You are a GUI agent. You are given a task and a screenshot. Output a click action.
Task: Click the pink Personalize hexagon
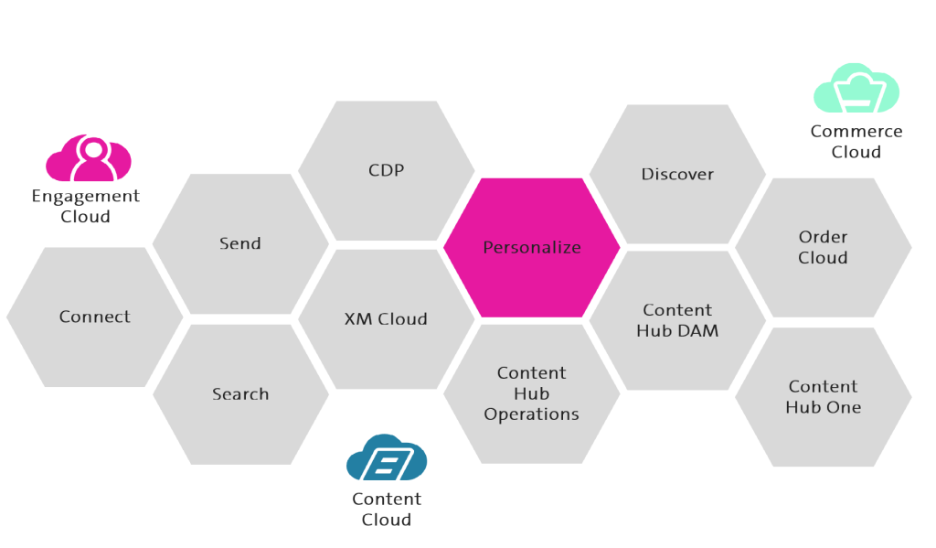532,248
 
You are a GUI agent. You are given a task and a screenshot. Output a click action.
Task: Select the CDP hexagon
386,171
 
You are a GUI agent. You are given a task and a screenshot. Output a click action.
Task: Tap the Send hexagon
240,244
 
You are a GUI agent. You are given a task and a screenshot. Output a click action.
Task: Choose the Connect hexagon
95,317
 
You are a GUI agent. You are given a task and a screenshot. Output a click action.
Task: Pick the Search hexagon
240,394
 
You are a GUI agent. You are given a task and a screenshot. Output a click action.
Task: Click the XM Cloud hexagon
386,319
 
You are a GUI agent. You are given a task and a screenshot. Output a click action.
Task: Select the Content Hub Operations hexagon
532,393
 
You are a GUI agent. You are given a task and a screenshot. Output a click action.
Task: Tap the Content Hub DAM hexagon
677,320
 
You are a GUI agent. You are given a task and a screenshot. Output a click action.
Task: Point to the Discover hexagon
677,175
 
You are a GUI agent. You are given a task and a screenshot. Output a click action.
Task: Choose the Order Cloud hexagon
823,247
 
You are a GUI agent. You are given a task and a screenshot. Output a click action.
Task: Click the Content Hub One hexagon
823,397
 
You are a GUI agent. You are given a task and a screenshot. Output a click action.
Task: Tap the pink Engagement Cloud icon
89,159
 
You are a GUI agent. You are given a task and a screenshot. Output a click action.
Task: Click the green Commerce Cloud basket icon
856,90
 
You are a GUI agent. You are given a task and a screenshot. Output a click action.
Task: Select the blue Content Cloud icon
387,459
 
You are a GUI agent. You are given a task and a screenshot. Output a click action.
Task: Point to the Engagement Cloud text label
86,207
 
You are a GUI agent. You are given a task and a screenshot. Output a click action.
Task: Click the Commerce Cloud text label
856,142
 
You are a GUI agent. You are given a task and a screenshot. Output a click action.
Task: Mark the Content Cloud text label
387,510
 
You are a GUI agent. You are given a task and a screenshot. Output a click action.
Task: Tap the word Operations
532,414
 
